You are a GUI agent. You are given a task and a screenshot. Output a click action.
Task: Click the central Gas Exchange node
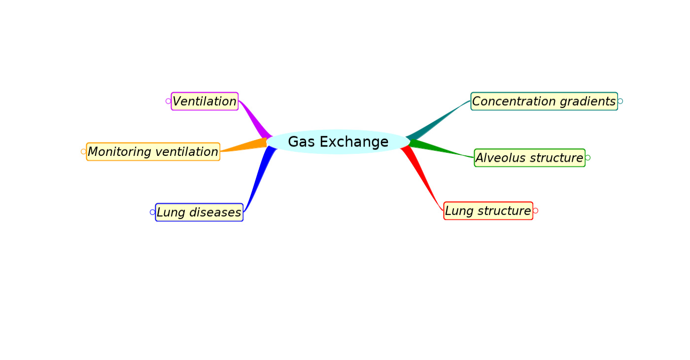(x=338, y=142)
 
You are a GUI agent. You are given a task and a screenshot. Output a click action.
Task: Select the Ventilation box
(x=205, y=101)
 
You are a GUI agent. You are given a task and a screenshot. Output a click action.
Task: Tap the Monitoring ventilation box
(x=153, y=152)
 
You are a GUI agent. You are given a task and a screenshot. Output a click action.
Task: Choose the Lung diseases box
(x=199, y=213)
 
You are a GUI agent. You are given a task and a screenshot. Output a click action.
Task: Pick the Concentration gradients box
(x=544, y=101)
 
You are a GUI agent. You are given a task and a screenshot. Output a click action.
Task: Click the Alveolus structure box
(x=529, y=158)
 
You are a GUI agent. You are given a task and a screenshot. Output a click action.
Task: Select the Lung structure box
(x=488, y=211)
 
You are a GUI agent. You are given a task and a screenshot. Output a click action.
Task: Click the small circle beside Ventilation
(x=168, y=101)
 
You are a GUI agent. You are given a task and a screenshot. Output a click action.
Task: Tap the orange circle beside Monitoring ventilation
(x=83, y=151)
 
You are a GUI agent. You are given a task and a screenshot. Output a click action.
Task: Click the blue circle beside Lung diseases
(x=152, y=212)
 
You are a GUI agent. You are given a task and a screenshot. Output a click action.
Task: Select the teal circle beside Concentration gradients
(x=620, y=101)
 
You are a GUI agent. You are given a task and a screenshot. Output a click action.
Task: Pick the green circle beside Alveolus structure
(x=587, y=158)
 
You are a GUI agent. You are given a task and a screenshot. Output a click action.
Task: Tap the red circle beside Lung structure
(x=535, y=211)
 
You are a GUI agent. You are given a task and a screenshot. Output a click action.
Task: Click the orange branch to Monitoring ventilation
(x=246, y=145)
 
